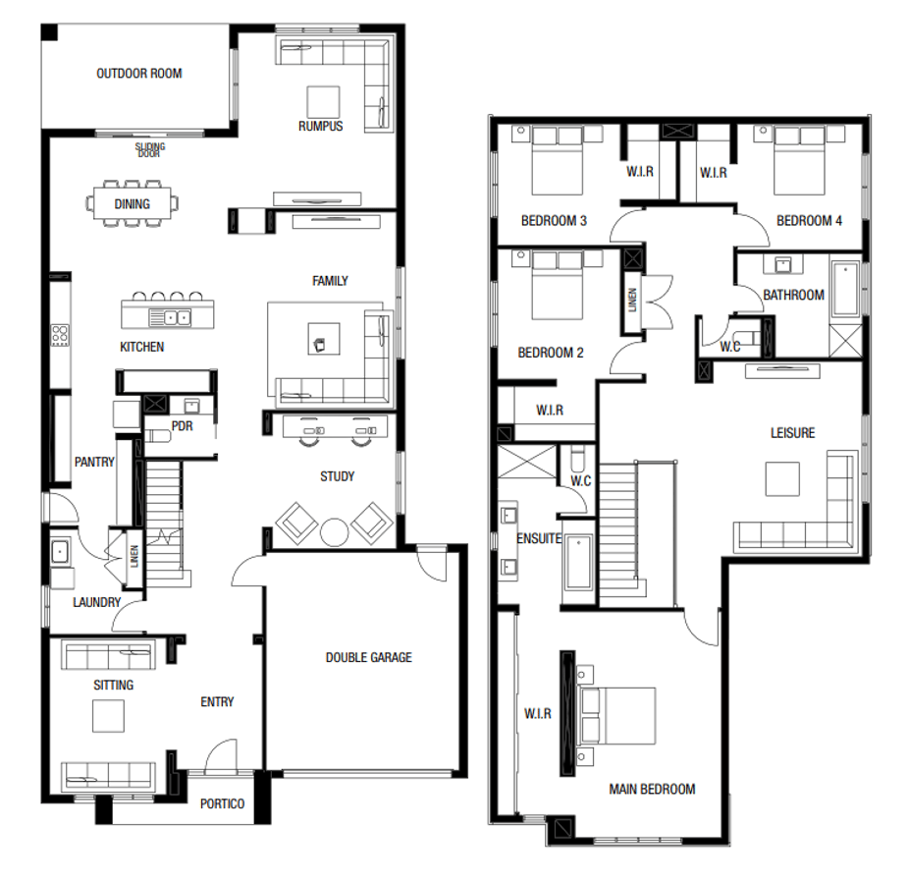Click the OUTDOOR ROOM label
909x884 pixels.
point(138,73)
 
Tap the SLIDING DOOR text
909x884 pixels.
point(149,150)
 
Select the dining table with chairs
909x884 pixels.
point(133,204)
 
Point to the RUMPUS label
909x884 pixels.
point(321,126)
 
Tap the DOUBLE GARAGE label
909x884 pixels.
point(368,657)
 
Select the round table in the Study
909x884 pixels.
point(335,531)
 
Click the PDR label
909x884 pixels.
point(181,426)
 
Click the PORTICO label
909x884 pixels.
point(221,803)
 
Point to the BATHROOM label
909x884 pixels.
point(793,295)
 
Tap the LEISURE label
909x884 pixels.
point(792,432)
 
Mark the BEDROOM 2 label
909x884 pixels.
point(552,353)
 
